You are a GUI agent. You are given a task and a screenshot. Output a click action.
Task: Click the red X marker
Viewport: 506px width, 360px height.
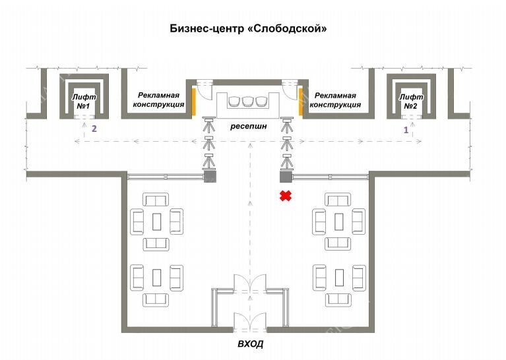point(286,195)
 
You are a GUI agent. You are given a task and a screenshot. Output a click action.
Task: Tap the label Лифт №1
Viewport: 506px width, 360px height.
point(84,102)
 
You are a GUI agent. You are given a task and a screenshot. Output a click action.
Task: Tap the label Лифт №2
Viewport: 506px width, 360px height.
point(411,102)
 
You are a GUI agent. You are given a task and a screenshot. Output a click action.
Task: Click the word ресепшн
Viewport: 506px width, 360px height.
point(249,126)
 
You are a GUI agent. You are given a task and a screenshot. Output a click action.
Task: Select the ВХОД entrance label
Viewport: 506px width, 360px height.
point(251,344)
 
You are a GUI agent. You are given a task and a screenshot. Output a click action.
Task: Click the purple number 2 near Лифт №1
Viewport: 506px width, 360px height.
point(94,129)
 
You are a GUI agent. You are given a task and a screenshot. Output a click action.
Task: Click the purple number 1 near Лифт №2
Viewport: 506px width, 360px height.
point(406,131)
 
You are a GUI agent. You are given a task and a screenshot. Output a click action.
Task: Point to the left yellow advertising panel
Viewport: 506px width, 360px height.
point(194,102)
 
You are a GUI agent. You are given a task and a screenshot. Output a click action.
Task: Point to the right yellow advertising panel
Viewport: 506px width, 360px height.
point(300,102)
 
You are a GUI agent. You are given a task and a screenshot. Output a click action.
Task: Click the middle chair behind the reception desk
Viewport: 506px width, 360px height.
point(247,102)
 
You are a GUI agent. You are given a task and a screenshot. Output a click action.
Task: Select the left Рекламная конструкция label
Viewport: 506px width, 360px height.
point(158,100)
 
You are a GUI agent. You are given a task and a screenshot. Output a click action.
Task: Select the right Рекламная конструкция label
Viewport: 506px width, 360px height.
point(335,100)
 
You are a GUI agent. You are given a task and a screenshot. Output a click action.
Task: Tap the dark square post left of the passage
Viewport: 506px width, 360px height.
point(210,176)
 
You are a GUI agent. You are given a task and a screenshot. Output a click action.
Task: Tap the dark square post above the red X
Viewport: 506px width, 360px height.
point(286,176)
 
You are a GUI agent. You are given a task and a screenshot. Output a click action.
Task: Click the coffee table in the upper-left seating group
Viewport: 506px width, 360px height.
point(156,222)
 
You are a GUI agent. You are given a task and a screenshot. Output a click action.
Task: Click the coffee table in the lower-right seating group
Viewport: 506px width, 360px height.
point(339,278)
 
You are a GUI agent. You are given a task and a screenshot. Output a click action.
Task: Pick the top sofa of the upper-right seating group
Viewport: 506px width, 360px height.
point(338,200)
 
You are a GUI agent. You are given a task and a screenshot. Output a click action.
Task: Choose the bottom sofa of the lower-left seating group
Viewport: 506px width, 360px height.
point(156,300)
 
